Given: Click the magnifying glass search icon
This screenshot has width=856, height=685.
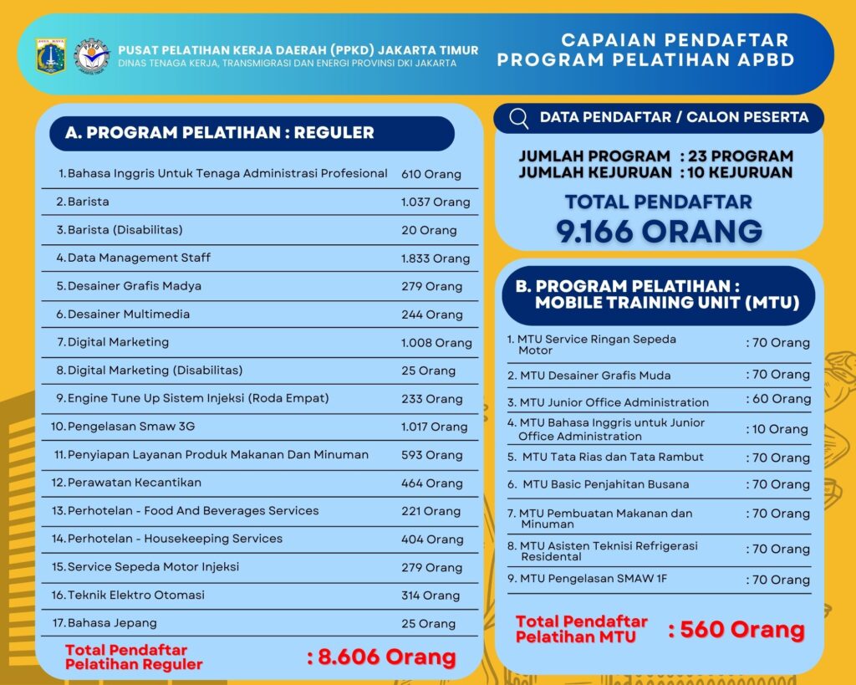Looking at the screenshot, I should pyautogui.click(x=518, y=118).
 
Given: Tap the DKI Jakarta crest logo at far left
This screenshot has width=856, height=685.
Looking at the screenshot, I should pyautogui.click(x=51, y=55).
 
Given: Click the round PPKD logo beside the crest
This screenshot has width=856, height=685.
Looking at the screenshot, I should pyautogui.click(x=91, y=55).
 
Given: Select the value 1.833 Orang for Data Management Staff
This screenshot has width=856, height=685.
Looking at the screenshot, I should pyautogui.click(x=435, y=258).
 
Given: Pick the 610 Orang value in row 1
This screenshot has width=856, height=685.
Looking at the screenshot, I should pyautogui.click(x=431, y=174).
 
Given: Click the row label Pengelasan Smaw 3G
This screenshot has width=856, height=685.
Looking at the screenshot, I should pyautogui.click(x=131, y=427).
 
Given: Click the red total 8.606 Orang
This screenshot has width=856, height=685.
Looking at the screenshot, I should pyautogui.click(x=382, y=657).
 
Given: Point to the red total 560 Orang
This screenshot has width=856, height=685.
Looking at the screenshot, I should pyautogui.click(x=736, y=630).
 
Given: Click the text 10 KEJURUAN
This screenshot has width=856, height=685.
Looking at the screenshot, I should pyautogui.click(x=738, y=172).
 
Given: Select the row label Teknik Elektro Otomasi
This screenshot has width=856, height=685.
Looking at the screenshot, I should pyautogui.click(x=136, y=595).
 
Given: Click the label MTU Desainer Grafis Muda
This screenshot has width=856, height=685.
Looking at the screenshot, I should pyautogui.click(x=595, y=376).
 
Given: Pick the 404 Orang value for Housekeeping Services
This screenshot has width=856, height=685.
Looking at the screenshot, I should pyautogui.click(x=432, y=539).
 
